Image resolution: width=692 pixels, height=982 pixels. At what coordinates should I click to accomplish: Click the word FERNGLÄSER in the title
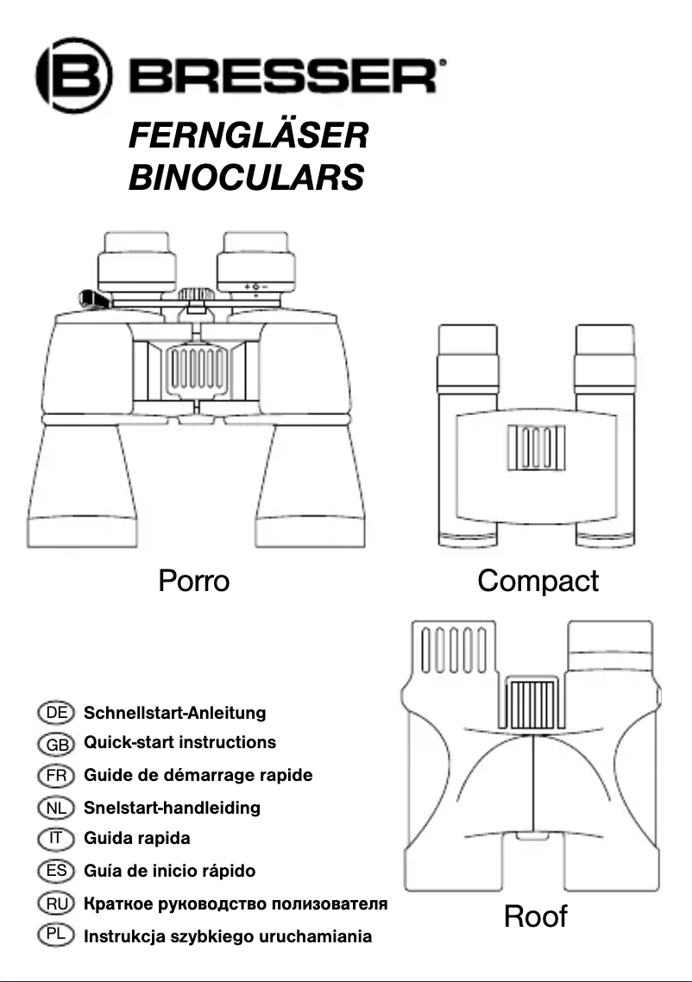pos(248,135)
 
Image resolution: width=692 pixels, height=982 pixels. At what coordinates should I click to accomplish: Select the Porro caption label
pos(193,581)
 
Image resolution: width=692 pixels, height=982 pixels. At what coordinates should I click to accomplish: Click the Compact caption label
pos(538,581)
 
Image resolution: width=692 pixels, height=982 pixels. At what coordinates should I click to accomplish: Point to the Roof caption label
pos(535,916)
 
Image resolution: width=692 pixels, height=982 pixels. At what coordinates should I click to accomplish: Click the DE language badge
pos(57,713)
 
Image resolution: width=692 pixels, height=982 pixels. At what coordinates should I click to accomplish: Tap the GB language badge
pos(57,743)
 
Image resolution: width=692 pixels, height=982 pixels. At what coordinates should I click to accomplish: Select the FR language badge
pos(57,775)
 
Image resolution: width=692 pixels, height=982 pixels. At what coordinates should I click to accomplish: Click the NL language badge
pos(57,808)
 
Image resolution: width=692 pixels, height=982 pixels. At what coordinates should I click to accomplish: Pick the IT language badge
pos(57,838)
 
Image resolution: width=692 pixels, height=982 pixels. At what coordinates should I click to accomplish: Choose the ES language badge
pos(57,871)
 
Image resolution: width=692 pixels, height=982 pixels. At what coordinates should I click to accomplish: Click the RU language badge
pos(57,903)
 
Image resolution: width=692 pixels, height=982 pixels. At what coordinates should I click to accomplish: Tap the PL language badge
pos(57,935)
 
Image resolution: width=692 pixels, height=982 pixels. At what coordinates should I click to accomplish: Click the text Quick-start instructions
pos(179,742)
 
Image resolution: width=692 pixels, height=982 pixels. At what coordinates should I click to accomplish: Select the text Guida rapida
pos(136,838)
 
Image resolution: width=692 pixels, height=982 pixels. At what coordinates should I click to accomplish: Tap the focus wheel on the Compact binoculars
pos(536,449)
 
